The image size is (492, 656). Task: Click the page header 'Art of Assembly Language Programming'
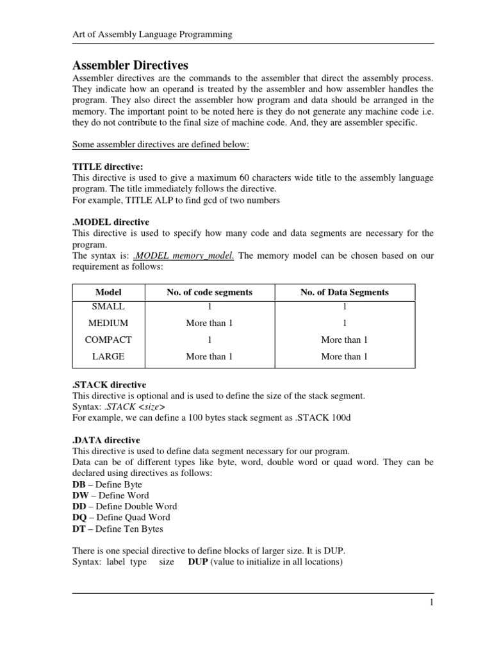pyautogui.click(x=151, y=35)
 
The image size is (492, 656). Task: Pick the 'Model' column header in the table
pyautogui.click(x=108, y=292)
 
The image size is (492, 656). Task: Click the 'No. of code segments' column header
pyautogui.click(x=209, y=292)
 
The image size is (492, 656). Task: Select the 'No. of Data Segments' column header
pyautogui.click(x=345, y=292)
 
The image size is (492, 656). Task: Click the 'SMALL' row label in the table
pyautogui.click(x=108, y=307)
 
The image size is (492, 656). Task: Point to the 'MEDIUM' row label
pyautogui.click(x=108, y=324)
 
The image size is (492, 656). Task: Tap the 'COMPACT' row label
pyautogui.click(x=108, y=340)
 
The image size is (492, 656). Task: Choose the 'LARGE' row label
pyautogui.click(x=108, y=357)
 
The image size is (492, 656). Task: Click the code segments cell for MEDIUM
pyautogui.click(x=209, y=324)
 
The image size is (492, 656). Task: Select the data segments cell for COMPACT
pyautogui.click(x=345, y=340)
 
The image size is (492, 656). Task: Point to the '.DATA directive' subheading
pyautogui.click(x=106, y=440)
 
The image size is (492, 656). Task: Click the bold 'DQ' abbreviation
pyautogui.click(x=79, y=518)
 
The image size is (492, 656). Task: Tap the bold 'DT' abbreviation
pyautogui.click(x=79, y=529)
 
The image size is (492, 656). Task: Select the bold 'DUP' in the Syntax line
pyautogui.click(x=198, y=562)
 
